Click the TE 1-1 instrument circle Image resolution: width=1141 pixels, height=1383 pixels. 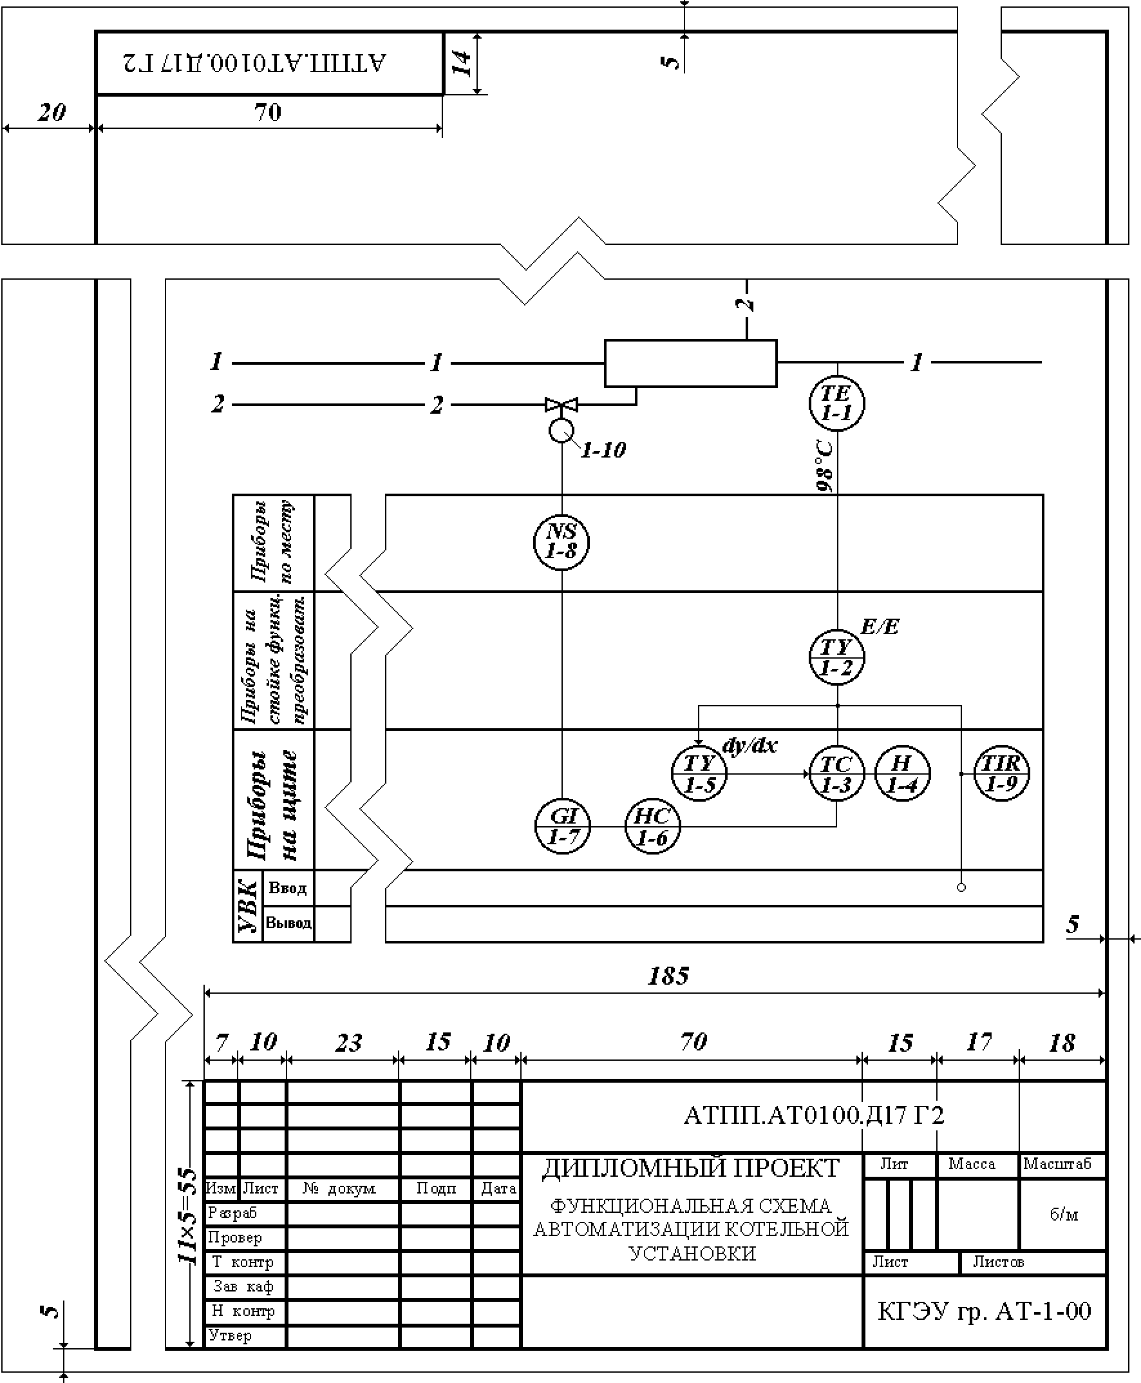pyautogui.click(x=836, y=403)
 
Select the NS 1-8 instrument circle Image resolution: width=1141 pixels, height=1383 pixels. pyautogui.click(x=561, y=542)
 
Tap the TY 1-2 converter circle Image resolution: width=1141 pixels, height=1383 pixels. pyautogui.click(x=836, y=657)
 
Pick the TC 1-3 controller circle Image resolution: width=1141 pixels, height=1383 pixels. pyautogui.click(x=836, y=774)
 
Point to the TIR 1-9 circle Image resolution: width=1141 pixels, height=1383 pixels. pyautogui.click(x=1001, y=773)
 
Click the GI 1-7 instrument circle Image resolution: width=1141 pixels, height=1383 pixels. pyautogui.click(x=563, y=827)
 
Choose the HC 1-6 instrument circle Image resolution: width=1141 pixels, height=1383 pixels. pyautogui.click(x=652, y=827)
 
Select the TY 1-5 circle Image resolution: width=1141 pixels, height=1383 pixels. pyautogui.click(x=699, y=773)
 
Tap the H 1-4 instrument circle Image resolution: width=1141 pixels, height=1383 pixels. pyautogui.click(x=902, y=773)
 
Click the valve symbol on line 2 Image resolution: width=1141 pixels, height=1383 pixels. pyautogui.click(x=561, y=404)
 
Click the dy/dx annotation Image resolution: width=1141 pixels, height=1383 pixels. pyautogui.click(x=750, y=746)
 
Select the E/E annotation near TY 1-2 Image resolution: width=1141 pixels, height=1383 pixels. pyautogui.click(x=880, y=626)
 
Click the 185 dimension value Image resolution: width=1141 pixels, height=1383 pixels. pyautogui.click(x=668, y=976)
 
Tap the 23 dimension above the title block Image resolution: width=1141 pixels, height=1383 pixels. pyautogui.click(x=348, y=1043)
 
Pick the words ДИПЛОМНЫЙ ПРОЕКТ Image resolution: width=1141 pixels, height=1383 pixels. pyautogui.click(x=691, y=1168)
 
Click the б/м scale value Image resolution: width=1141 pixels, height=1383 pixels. pyautogui.click(x=1064, y=1214)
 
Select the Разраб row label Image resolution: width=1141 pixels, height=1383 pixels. pyautogui.click(x=232, y=1213)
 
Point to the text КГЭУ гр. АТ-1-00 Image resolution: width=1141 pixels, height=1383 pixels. pyautogui.click(x=984, y=1311)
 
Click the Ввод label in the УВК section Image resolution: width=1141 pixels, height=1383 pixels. pyautogui.click(x=287, y=889)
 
